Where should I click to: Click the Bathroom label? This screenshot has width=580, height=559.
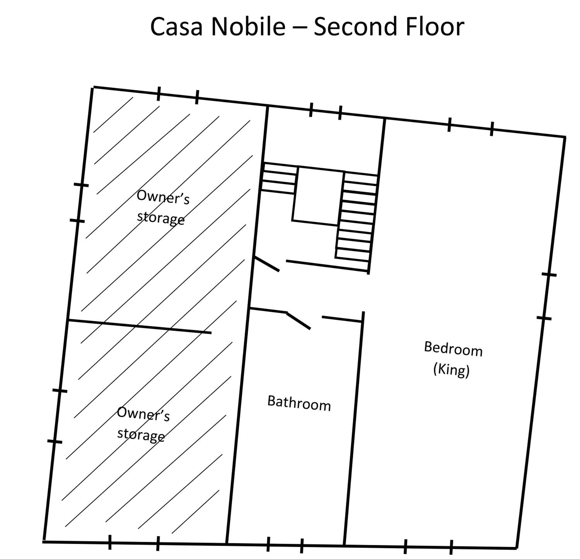[299, 403]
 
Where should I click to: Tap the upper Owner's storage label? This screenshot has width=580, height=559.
[162, 207]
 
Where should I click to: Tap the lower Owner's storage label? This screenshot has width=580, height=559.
[143, 424]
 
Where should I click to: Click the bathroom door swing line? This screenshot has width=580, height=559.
[298, 320]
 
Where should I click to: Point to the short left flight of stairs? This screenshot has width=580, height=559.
[279, 179]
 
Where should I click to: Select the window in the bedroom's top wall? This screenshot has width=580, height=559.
[471, 127]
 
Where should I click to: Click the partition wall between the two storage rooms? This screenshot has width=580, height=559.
[140, 326]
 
